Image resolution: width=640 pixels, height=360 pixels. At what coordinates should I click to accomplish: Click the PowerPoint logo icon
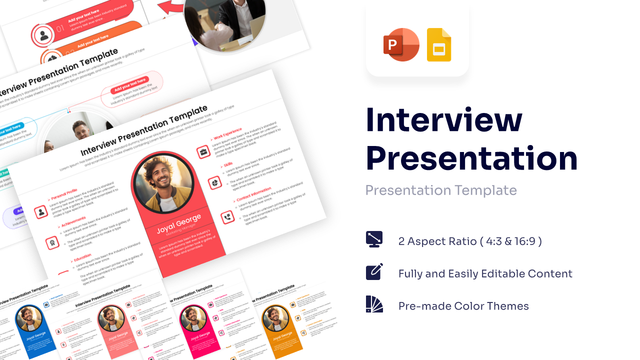[401, 45]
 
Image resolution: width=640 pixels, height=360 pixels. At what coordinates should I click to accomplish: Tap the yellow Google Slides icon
[438, 45]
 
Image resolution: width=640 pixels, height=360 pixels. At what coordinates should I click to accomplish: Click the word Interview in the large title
[444, 120]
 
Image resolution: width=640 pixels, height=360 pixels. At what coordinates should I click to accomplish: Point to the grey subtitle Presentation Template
[440, 190]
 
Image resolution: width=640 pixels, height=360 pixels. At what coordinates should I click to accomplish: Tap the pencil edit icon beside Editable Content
[374, 271]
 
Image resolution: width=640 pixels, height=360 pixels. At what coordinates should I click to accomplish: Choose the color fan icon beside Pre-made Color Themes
[374, 304]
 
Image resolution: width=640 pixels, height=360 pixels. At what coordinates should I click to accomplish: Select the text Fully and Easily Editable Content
[485, 274]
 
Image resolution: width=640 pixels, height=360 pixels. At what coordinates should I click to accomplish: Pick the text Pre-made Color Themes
[463, 306]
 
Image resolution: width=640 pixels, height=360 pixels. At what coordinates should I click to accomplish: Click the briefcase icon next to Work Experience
[203, 151]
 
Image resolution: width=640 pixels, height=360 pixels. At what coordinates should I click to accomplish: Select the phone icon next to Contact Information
[227, 217]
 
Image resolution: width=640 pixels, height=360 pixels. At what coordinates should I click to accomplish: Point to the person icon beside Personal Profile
[41, 211]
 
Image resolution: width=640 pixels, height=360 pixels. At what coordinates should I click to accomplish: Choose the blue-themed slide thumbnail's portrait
[29, 318]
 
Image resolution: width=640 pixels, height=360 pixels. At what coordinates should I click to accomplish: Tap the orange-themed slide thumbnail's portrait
[275, 318]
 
